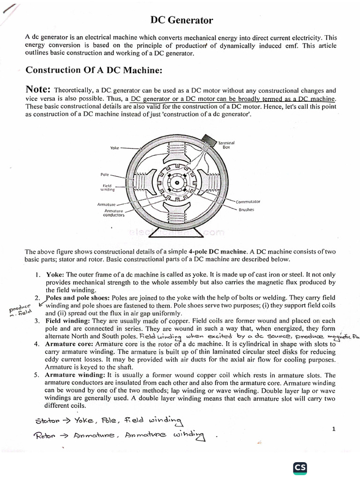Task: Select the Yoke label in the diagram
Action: (115, 148)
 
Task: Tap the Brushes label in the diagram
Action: (246, 210)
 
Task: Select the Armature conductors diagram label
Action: (114, 213)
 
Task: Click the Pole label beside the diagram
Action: (105, 174)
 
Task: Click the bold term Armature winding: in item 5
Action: (75, 375)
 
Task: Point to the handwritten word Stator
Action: (48, 420)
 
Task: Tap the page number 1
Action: (333, 429)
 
